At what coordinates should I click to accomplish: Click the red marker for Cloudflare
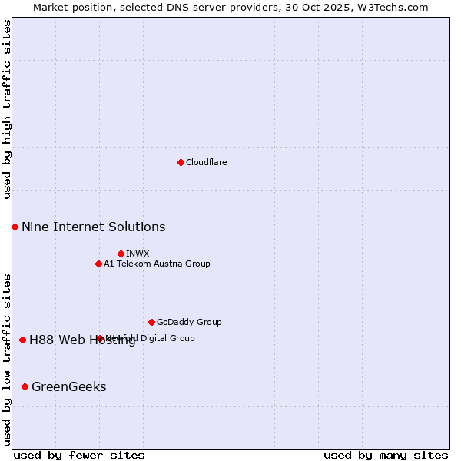coord(181,162)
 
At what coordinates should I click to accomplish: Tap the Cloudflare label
coord(206,162)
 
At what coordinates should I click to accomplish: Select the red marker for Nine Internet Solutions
coord(15,227)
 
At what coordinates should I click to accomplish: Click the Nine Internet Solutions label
coord(93,227)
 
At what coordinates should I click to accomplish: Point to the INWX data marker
coord(121,254)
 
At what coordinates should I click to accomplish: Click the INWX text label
coord(138,254)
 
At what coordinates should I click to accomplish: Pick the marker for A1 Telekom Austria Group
coord(98,264)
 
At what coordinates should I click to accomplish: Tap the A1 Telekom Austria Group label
coord(157,264)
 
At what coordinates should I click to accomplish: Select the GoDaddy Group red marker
coord(151,322)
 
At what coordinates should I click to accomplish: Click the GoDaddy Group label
coord(189,322)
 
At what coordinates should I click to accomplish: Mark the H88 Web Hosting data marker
coord(22,340)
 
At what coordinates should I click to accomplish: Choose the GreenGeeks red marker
coord(25,386)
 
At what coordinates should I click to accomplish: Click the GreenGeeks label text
coord(68,386)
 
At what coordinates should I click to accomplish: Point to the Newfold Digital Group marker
coord(100,338)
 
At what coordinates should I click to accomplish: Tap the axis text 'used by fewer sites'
coord(79,455)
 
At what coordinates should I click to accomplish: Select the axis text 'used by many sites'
coord(386,455)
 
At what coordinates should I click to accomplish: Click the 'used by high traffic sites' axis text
coord(7,109)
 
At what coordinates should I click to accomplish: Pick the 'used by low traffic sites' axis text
coord(7,360)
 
